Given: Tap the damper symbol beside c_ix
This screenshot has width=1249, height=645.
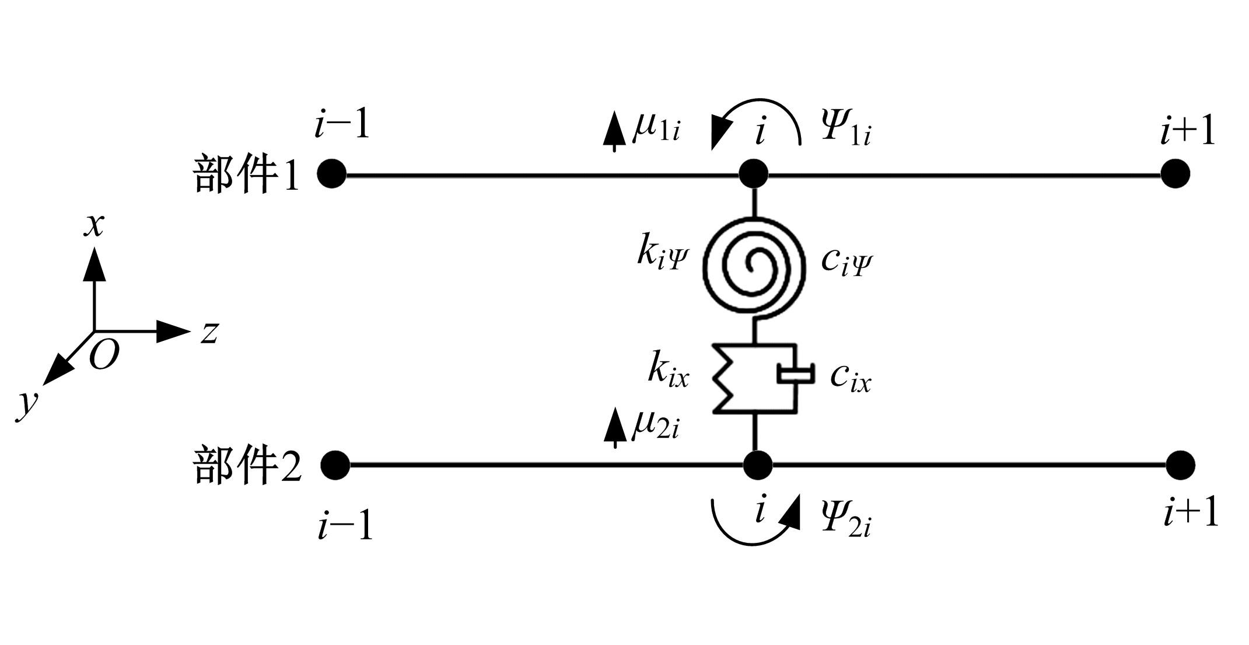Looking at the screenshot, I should coord(795,374).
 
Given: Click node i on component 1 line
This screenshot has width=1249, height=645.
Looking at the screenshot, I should coord(754,173).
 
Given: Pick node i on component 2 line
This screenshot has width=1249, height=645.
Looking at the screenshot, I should coord(758,465).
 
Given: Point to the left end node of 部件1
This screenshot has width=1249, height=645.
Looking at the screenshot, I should coord(332,173).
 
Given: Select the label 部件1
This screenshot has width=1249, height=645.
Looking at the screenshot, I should coord(246,175).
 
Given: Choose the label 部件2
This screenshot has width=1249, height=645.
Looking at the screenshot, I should coord(247,465).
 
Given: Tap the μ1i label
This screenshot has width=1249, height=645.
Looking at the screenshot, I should coord(656,128).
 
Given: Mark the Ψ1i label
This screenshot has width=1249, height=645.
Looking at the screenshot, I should coord(846,130).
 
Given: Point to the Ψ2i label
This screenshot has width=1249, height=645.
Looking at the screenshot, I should coord(846,520).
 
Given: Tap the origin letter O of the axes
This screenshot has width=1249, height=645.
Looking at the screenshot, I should coord(104,354).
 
